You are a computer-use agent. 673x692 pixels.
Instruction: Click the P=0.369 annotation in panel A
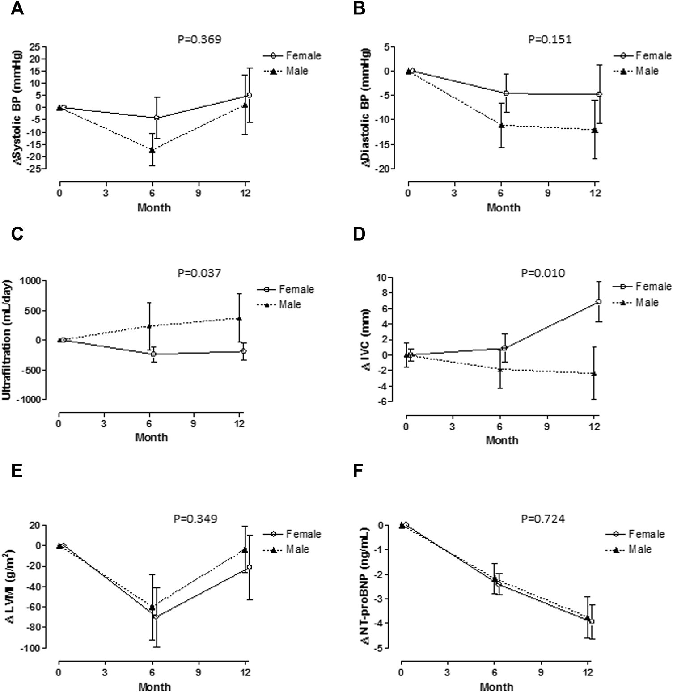[199, 40]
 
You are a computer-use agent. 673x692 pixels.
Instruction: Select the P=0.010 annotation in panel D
[543, 273]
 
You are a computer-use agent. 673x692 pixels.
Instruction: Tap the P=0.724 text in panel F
[543, 519]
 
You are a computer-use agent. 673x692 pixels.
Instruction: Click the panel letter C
[17, 234]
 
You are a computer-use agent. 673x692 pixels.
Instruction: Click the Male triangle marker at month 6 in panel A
[152, 150]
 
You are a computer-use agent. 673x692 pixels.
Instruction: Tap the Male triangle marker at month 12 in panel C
[239, 319]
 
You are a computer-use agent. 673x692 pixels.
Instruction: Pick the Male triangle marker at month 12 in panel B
[594, 130]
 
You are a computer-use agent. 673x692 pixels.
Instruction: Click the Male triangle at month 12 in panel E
[245, 550]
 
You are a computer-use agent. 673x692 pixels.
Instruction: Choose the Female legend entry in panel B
[643, 56]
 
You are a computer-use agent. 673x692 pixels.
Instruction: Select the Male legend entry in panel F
[629, 549]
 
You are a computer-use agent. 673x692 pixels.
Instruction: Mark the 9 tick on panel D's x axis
[547, 427]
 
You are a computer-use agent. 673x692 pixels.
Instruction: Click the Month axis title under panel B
[504, 208]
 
